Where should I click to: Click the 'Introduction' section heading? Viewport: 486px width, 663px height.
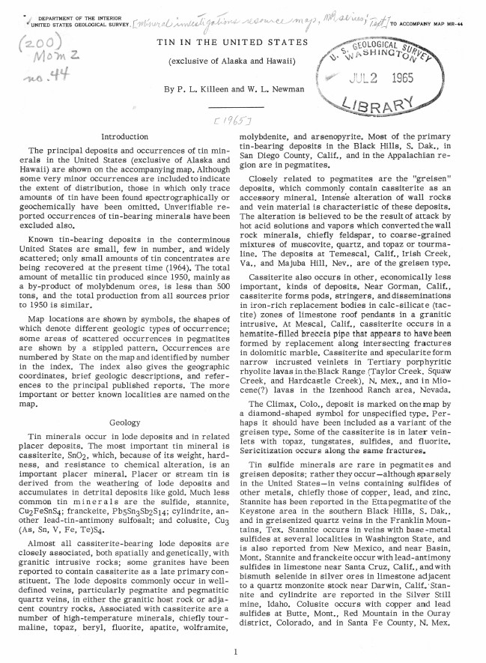pyautogui.click(x=126, y=137)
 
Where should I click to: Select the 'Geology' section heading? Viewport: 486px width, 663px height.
pyautogui.click(x=124, y=423)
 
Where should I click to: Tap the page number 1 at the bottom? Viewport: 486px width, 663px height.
pyautogui.click(x=235, y=651)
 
